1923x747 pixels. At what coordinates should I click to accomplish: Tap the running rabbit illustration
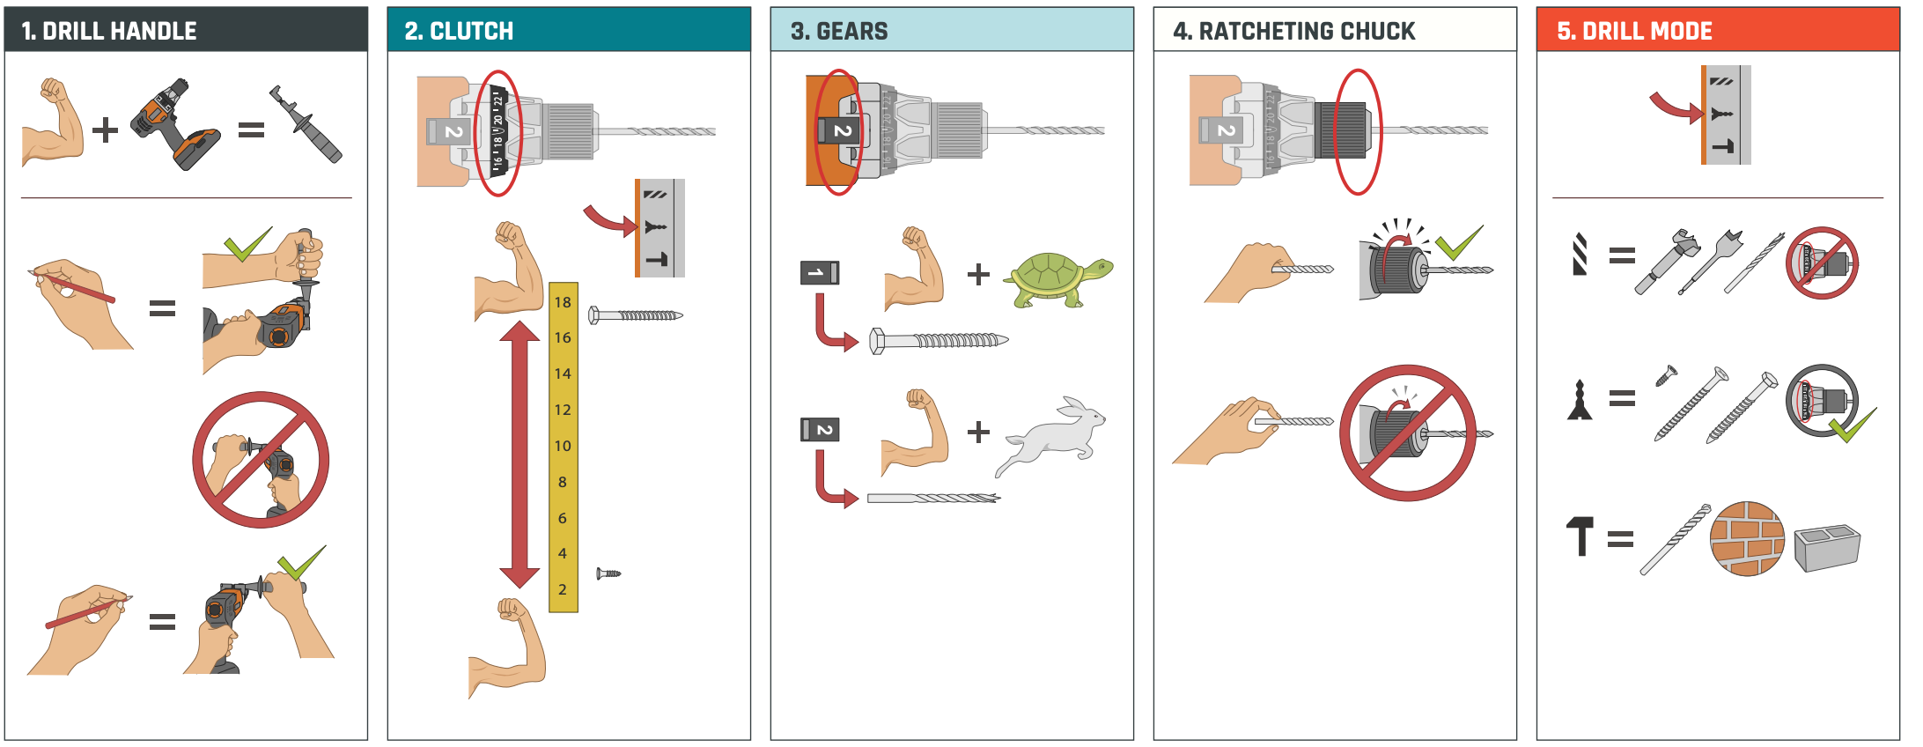tap(1053, 437)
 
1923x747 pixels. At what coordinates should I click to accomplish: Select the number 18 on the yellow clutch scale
tap(563, 302)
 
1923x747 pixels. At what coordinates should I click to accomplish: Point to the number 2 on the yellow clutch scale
tap(563, 589)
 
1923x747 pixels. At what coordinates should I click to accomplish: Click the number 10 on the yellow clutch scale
tap(563, 446)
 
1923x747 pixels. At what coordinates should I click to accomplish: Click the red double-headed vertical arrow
tap(519, 454)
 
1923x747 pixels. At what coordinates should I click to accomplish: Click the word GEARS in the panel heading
tap(851, 31)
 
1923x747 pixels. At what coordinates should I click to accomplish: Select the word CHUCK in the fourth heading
tap(1374, 31)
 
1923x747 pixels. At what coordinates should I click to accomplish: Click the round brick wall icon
tap(1747, 538)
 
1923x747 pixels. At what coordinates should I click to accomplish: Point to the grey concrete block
tap(1827, 547)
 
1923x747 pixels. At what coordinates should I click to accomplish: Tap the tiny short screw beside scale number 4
tap(608, 573)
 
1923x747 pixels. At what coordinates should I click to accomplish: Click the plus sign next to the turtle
tap(978, 275)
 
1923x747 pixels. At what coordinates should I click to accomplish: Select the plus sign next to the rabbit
tap(978, 433)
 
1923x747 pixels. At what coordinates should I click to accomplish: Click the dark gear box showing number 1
tap(819, 273)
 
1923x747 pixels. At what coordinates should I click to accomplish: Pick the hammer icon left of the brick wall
tap(1580, 536)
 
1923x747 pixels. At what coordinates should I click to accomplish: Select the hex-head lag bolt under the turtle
tap(939, 341)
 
